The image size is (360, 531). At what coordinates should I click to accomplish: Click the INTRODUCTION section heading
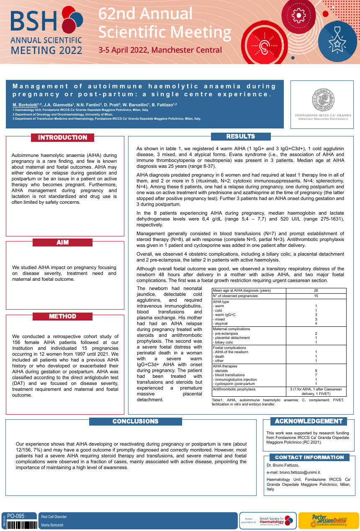click(x=63, y=138)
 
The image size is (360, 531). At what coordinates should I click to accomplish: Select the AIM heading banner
click(x=63, y=242)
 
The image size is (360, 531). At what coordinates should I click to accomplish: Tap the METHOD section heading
click(x=63, y=316)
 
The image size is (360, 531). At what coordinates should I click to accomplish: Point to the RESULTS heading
click(x=241, y=136)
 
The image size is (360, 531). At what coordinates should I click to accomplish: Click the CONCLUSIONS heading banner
click(x=136, y=421)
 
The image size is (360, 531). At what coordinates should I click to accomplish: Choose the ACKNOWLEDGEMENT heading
click(x=309, y=421)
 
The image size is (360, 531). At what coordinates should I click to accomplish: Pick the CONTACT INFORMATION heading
click(x=309, y=457)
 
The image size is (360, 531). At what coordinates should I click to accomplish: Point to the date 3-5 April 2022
click(x=160, y=50)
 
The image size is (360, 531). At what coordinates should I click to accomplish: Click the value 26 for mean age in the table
click(x=316, y=290)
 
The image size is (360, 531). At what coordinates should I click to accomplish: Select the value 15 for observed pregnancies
click(x=316, y=296)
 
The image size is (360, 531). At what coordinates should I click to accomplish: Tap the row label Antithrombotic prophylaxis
click(x=234, y=389)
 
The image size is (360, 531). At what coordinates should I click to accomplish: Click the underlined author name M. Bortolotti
click(x=25, y=105)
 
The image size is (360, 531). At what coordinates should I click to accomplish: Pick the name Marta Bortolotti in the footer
click(x=52, y=525)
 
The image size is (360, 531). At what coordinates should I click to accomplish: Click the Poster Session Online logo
click(x=328, y=521)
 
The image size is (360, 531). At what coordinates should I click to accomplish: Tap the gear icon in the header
click(x=298, y=15)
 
